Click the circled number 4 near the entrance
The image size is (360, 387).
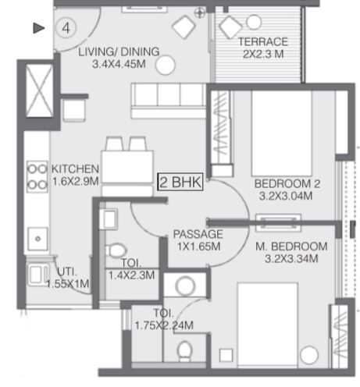click(66, 28)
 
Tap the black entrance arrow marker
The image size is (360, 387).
click(39, 28)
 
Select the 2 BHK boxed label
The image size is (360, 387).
click(180, 182)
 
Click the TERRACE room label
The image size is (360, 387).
click(263, 42)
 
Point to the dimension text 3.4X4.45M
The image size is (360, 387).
click(119, 64)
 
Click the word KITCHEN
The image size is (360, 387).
click(75, 169)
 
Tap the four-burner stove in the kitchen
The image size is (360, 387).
click(37, 176)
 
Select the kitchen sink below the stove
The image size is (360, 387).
click(38, 239)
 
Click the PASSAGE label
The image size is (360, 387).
click(198, 234)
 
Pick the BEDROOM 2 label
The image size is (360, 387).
click(287, 183)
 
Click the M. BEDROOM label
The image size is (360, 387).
click(291, 247)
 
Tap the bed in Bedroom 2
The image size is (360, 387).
click(282, 133)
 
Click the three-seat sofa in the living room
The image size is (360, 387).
click(169, 101)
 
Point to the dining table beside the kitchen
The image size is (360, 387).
click(127, 166)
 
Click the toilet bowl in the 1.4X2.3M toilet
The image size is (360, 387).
click(116, 250)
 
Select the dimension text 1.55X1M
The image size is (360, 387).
click(68, 283)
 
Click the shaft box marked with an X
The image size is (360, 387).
click(39, 91)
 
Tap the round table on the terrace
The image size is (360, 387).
click(254, 23)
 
